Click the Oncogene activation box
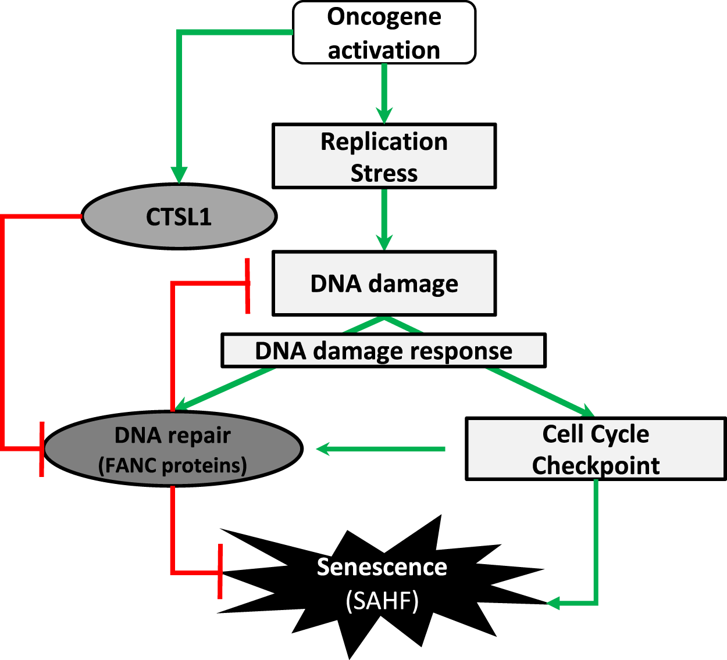pos(384,33)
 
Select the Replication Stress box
pos(384,156)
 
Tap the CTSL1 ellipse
pos(179,216)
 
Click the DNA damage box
pos(384,284)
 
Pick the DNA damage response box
pos(383,350)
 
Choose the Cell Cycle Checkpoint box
pos(596,449)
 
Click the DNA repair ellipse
pos(173,449)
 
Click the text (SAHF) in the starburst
pos(382,601)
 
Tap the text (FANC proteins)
pos(173,465)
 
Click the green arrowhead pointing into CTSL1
pos(179,174)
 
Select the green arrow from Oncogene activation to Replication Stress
pos(384,93)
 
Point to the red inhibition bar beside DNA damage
pos(248,286)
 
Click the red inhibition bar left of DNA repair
pos(41,449)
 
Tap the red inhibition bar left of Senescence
pos(220,571)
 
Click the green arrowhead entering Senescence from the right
pos(554,603)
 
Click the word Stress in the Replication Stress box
pos(384,173)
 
